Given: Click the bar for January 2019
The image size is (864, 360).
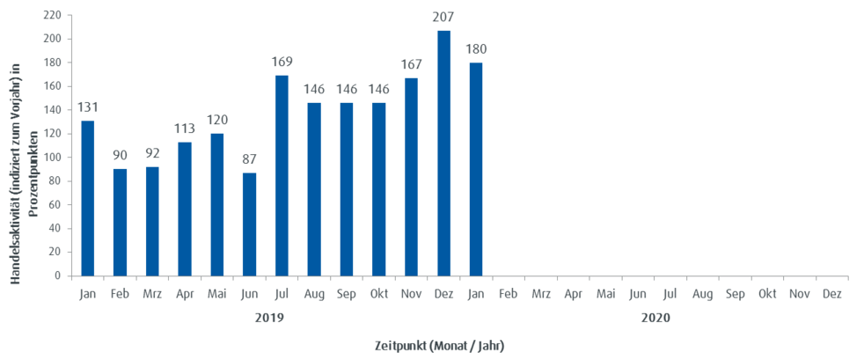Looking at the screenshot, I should [88, 198].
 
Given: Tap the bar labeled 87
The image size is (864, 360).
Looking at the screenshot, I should [250, 224].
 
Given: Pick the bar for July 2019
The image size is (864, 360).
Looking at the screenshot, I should [282, 175].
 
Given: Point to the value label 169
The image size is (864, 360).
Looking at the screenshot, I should [282, 62].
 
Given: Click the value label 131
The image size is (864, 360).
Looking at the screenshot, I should [88, 107].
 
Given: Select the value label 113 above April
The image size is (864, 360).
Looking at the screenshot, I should [185, 129].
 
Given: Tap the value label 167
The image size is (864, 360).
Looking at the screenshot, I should [411, 64].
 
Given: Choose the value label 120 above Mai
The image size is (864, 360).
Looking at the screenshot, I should [217, 120].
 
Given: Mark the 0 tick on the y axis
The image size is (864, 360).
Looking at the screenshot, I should [58, 276].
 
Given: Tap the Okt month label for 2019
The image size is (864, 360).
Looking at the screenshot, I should [379, 294].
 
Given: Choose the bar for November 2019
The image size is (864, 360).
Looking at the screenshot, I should [411, 176].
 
